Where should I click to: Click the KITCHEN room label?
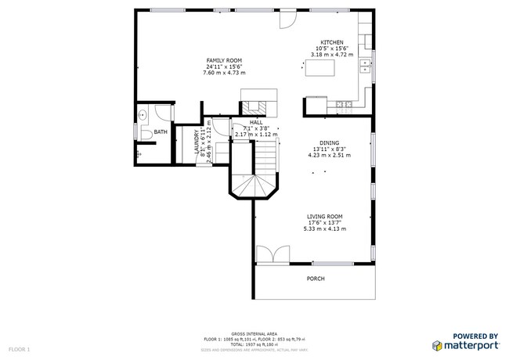pos(332,42)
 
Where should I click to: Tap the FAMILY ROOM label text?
pos(224,60)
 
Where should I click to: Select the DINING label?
pos(328,142)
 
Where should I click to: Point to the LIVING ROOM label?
pos(324,217)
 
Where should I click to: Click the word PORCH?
pos(315,279)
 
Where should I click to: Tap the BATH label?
pos(160,132)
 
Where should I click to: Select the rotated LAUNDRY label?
pos(197,145)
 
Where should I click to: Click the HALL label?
pos(256,123)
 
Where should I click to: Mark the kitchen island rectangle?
pos(320,70)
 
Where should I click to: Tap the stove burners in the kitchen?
pos(341,104)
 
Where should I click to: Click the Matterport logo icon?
pos(437,344)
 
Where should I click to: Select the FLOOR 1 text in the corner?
pos(19,348)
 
